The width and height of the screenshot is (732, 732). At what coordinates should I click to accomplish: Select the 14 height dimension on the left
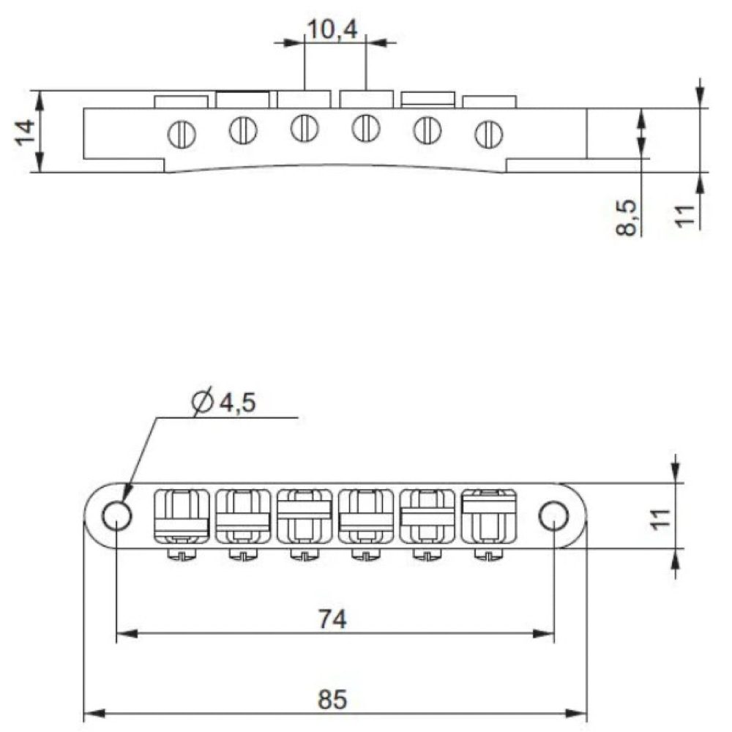pyautogui.click(x=25, y=132)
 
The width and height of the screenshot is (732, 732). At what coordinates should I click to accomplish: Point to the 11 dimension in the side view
pyautogui.click(x=684, y=216)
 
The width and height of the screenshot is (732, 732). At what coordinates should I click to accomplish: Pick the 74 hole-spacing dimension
pyautogui.click(x=333, y=619)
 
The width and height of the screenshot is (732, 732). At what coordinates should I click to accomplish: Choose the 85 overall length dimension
pyautogui.click(x=333, y=700)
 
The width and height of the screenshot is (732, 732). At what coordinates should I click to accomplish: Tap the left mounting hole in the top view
pyautogui.click(x=116, y=516)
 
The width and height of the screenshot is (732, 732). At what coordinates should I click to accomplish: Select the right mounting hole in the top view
pyautogui.click(x=553, y=516)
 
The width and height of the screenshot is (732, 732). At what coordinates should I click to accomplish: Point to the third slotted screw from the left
pyautogui.click(x=303, y=129)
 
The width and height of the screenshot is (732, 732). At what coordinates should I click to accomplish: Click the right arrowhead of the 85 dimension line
pyautogui.click(x=582, y=714)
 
